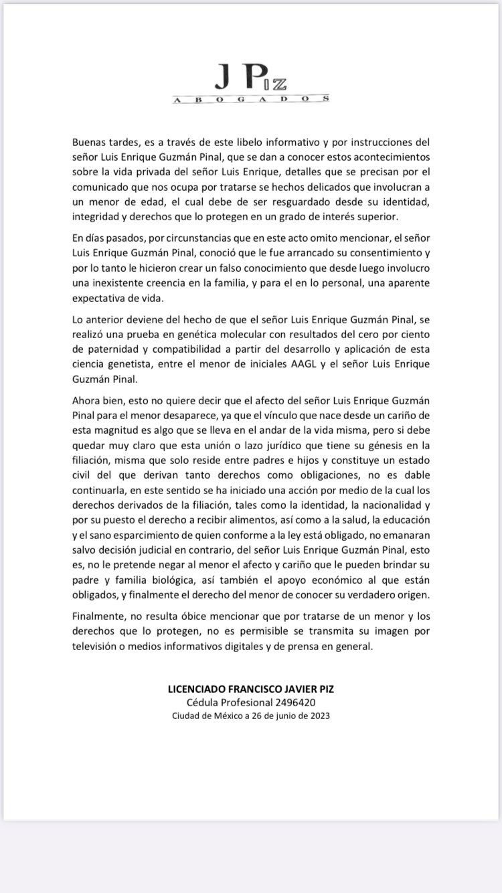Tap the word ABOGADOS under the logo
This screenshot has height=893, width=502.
pos(251,99)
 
